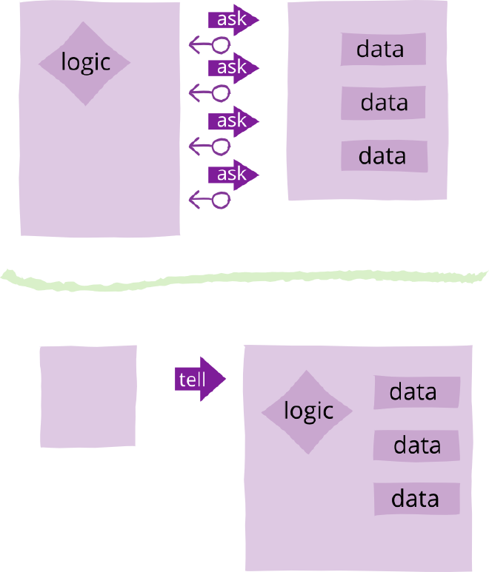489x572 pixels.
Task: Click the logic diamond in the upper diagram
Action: coord(84,63)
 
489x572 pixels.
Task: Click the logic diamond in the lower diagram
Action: coord(308,411)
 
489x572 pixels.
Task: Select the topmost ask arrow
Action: coord(233,20)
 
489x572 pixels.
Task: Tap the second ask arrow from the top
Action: coord(233,67)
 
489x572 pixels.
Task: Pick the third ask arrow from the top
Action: coord(233,121)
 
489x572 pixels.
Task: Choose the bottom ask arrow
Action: coord(233,175)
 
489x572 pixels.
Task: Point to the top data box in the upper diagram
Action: coord(383,49)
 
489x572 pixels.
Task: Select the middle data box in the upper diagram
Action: coord(383,103)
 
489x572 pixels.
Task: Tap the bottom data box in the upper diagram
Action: coord(384,156)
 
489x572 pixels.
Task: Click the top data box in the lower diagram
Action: coord(416,392)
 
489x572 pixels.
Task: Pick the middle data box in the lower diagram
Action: coord(416,445)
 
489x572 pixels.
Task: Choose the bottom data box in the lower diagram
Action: coord(416,499)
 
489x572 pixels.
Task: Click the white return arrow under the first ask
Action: coord(210,45)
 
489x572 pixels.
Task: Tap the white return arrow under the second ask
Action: coord(210,93)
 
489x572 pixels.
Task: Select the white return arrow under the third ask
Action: coord(210,147)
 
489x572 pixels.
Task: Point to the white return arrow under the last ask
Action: coord(210,199)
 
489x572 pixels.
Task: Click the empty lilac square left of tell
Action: coord(88,396)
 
